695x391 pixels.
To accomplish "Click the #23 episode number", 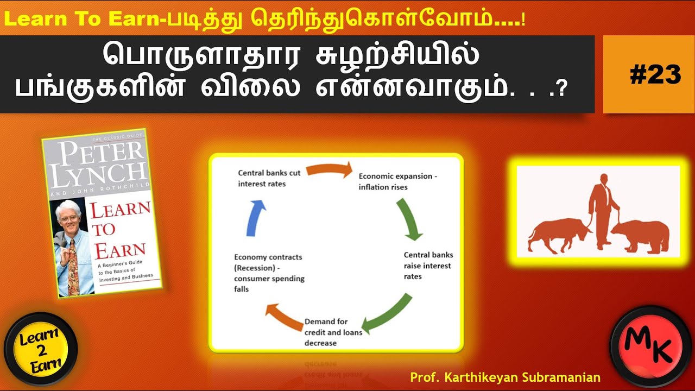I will [655, 75].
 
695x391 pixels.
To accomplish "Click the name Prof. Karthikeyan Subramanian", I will [505, 377].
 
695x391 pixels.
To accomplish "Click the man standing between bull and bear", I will [602, 209].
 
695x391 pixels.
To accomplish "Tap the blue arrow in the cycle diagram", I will [256, 217].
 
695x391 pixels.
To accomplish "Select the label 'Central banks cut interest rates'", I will [269, 178].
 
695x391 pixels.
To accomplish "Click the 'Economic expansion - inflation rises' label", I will [397, 181].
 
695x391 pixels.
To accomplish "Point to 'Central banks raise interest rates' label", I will [428, 266].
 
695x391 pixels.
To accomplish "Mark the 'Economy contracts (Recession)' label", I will [268, 273].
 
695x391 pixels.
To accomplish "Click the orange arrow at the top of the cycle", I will [329, 171].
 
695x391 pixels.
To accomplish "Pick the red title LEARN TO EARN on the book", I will [118, 228].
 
